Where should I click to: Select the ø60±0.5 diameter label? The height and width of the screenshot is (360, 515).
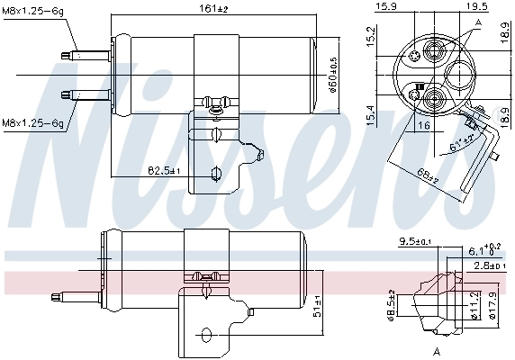333,69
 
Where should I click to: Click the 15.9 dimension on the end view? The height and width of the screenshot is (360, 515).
387,7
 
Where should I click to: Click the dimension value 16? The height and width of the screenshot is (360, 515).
423,127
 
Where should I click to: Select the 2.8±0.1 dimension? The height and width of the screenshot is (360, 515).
490,267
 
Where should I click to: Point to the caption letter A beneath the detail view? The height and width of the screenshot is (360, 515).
435,349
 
